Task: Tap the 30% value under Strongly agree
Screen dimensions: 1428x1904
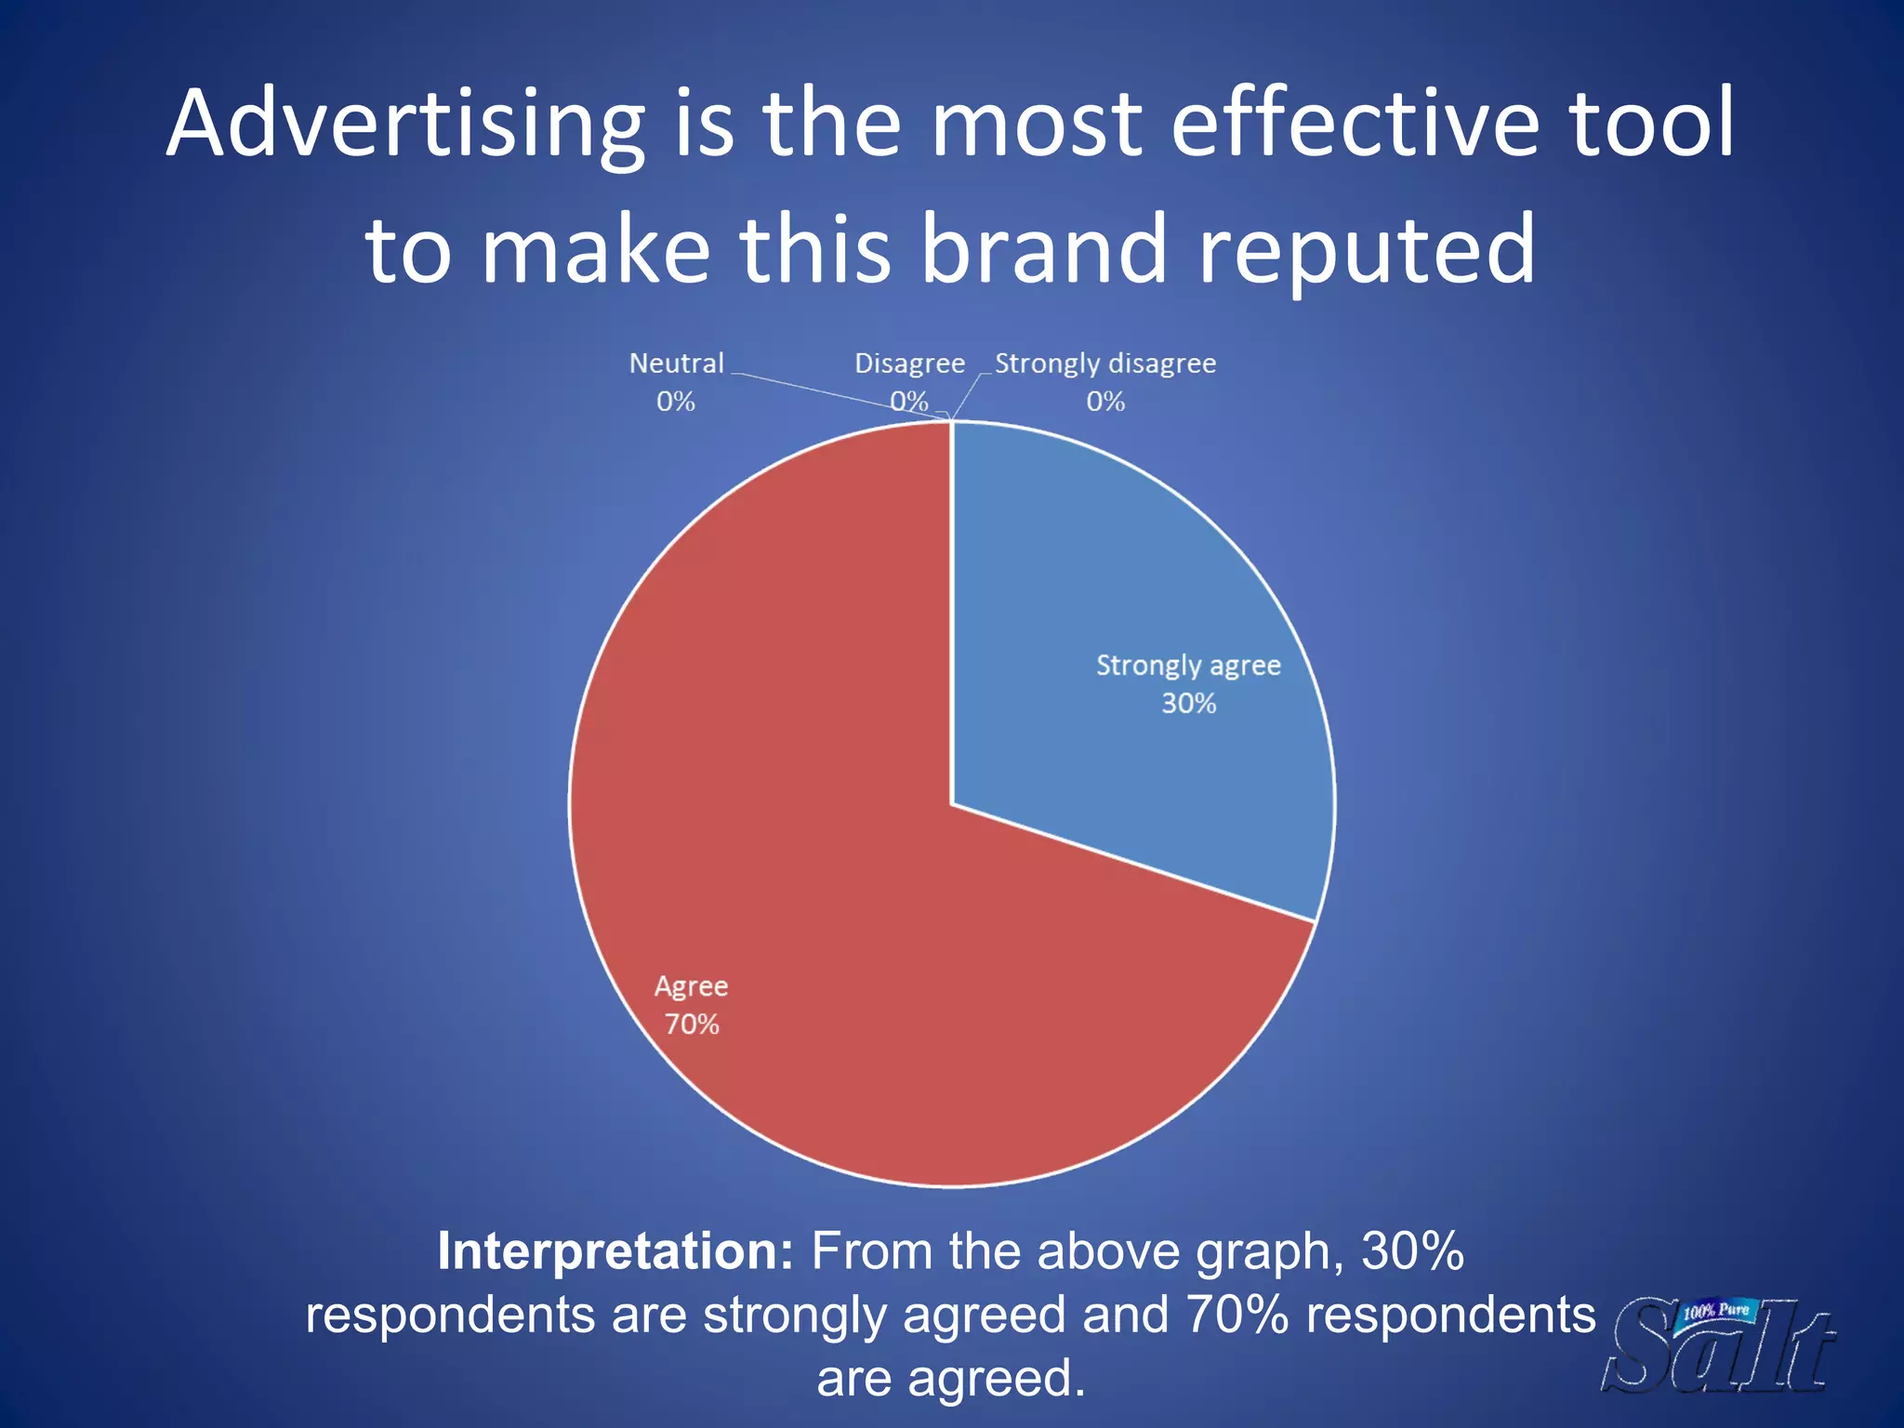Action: tap(1188, 704)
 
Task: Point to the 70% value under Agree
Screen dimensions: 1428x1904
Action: tap(692, 1025)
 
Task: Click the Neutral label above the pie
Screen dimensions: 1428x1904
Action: tap(676, 364)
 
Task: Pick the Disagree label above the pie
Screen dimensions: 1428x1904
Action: tap(909, 364)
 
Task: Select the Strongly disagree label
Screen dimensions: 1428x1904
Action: tap(1105, 364)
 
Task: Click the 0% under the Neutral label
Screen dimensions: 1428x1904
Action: tap(676, 402)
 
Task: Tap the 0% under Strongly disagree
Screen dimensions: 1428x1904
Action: tap(1105, 402)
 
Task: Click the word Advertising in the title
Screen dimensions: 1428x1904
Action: tap(406, 126)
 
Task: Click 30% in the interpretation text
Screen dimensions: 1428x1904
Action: tap(1413, 1251)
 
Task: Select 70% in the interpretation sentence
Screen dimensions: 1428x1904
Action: tap(1237, 1316)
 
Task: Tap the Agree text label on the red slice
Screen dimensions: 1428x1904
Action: tap(691, 986)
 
